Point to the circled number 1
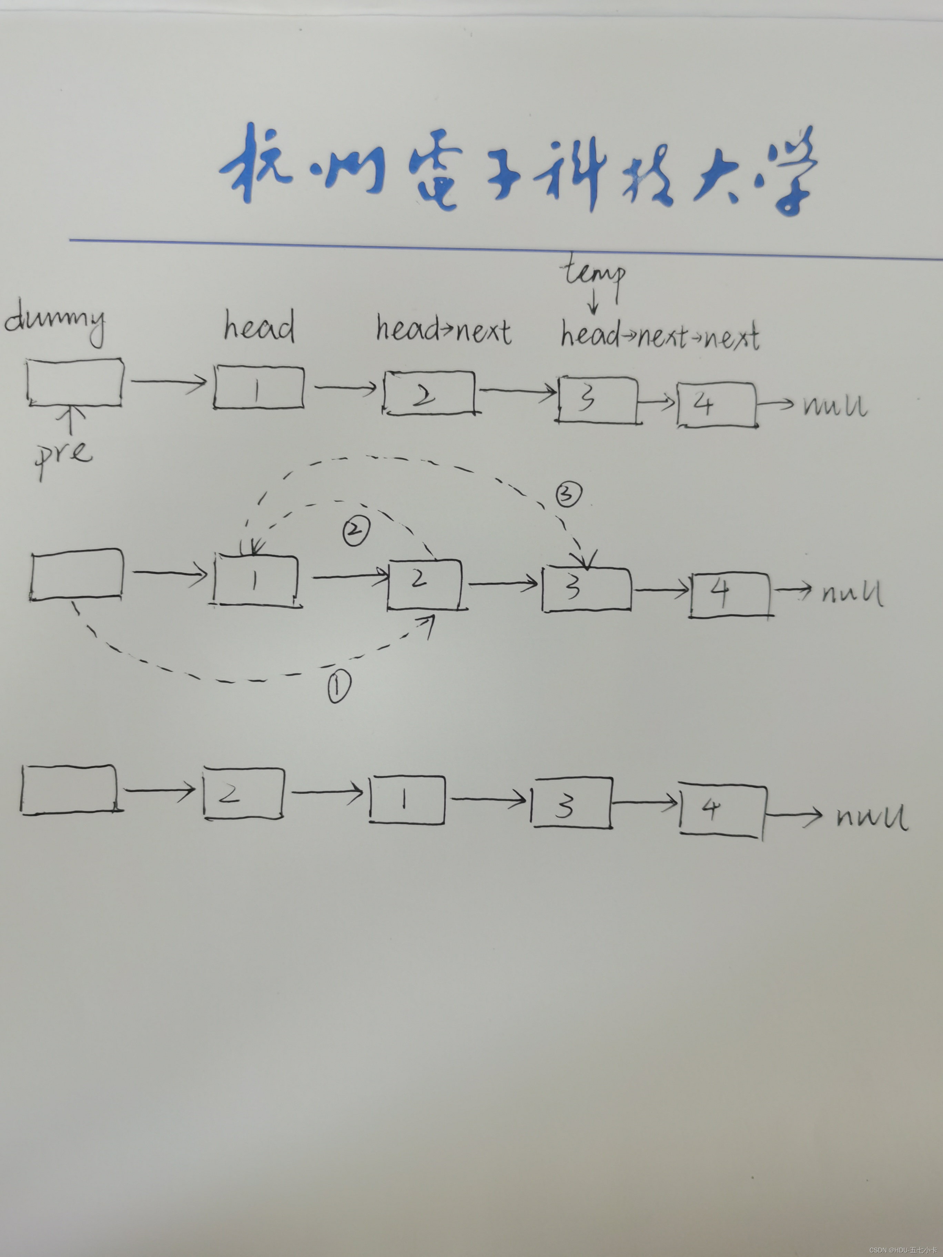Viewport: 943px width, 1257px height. (339, 686)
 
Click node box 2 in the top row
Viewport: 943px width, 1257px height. (429, 393)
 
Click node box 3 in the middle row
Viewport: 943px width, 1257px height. (586, 589)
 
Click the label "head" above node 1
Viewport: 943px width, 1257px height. (259, 327)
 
